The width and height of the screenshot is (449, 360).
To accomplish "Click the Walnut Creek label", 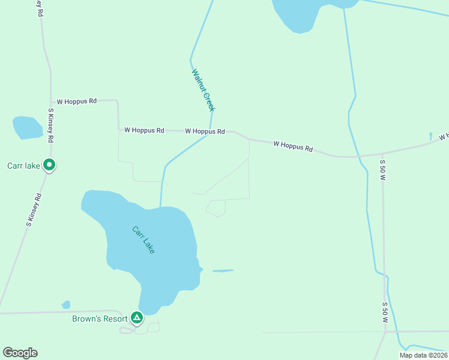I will click(203, 90).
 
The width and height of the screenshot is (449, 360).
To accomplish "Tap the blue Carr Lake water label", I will click(144, 239).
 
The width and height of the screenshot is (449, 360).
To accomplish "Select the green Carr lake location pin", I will click(50, 164).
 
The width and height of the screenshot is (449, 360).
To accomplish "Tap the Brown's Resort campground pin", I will click(137, 317).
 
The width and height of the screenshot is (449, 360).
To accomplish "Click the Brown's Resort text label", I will click(100, 319).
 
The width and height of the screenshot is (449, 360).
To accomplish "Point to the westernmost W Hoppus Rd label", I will click(76, 101).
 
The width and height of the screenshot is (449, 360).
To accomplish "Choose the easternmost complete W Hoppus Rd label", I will click(293, 146).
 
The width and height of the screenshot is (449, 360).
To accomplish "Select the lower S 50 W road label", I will click(384, 313).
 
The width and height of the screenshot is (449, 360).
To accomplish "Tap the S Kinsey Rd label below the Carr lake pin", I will click(34, 209).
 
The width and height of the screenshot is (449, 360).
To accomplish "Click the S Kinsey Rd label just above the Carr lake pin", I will click(51, 125).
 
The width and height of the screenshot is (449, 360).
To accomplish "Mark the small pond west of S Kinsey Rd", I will click(27, 127).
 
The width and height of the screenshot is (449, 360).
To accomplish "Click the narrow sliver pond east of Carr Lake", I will click(222, 271).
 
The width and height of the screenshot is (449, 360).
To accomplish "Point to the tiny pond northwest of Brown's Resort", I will click(66, 305).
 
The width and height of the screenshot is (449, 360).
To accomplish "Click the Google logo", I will click(20, 353).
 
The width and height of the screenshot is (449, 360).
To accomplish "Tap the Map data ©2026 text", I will click(423, 355).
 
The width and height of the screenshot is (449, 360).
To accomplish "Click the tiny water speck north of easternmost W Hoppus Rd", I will click(431, 136).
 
